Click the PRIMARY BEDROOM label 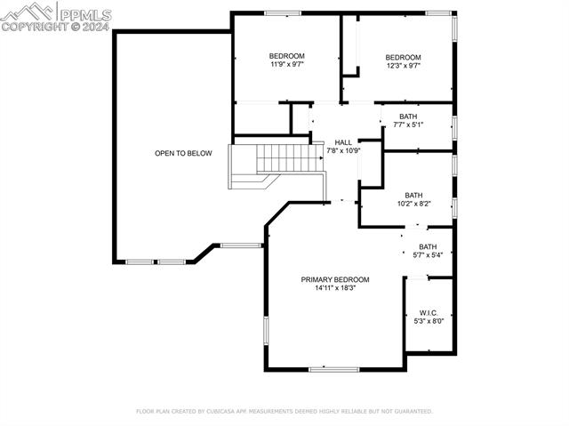click(334, 279)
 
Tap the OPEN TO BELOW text click(183, 154)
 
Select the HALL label click(343, 142)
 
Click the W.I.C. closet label click(429, 312)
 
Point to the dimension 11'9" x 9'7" click(288, 65)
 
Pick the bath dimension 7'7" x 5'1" click(408, 125)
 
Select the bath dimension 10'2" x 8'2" click(413, 204)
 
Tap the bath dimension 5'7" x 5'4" click(428, 255)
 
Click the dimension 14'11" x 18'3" click(334, 288)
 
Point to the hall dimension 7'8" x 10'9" click(343, 150)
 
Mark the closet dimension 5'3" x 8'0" click(429, 321)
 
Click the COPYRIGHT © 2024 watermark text click(55, 27)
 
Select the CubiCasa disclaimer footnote click(284, 412)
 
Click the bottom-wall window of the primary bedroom click(333, 369)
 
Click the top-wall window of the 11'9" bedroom click(282, 12)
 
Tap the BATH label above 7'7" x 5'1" click(408, 117)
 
